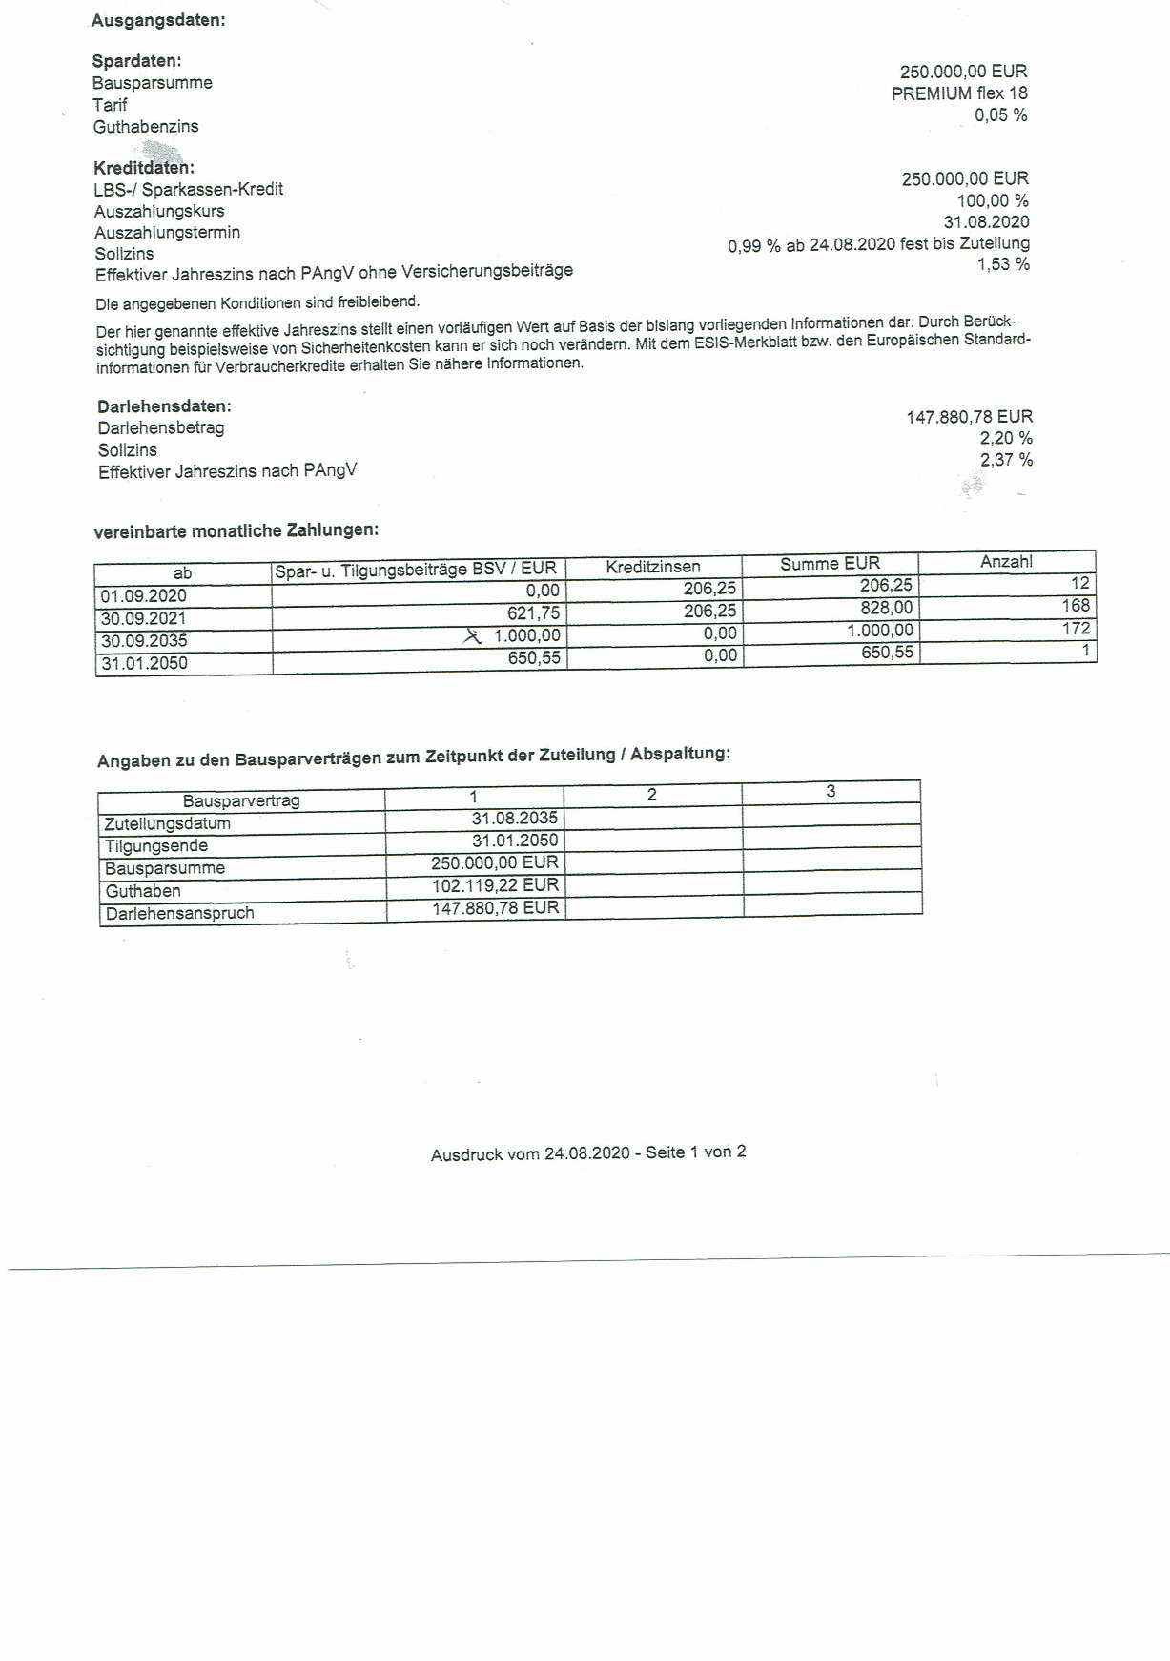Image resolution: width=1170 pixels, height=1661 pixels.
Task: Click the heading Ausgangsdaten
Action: click(158, 20)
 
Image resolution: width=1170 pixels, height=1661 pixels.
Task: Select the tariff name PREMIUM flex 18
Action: click(959, 93)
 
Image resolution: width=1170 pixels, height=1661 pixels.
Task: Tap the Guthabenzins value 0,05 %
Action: click(1000, 115)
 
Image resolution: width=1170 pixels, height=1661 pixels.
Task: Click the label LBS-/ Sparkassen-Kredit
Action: click(189, 189)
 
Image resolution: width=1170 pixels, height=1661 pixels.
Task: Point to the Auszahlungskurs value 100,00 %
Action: click(993, 200)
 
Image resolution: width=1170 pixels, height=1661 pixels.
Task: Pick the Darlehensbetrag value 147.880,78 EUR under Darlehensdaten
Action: click(969, 417)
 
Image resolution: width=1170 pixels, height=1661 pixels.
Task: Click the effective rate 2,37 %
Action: click(1006, 460)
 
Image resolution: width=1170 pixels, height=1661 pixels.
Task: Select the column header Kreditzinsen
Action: click(653, 567)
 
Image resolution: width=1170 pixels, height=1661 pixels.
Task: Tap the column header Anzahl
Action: click(1006, 562)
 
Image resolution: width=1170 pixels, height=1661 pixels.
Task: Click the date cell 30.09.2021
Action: click(143, 618)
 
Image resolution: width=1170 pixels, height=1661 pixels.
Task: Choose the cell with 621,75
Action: click(533, 613)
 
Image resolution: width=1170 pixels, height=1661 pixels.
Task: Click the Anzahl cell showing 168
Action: click(1075, 606)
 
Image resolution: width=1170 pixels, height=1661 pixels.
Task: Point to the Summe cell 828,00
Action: click(886, 608)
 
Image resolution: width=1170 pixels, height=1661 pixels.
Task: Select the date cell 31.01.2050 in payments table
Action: click(144, 663)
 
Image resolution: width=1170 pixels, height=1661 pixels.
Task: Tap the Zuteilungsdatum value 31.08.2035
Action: click(515, 819)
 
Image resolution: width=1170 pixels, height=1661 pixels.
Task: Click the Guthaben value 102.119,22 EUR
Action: click(495, 885)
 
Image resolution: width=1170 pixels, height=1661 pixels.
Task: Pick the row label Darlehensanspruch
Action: click(180, 913)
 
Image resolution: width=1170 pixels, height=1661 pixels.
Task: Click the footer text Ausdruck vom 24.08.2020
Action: click(529, 1153)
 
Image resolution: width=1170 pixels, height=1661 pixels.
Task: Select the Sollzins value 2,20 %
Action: click(1006, 439)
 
